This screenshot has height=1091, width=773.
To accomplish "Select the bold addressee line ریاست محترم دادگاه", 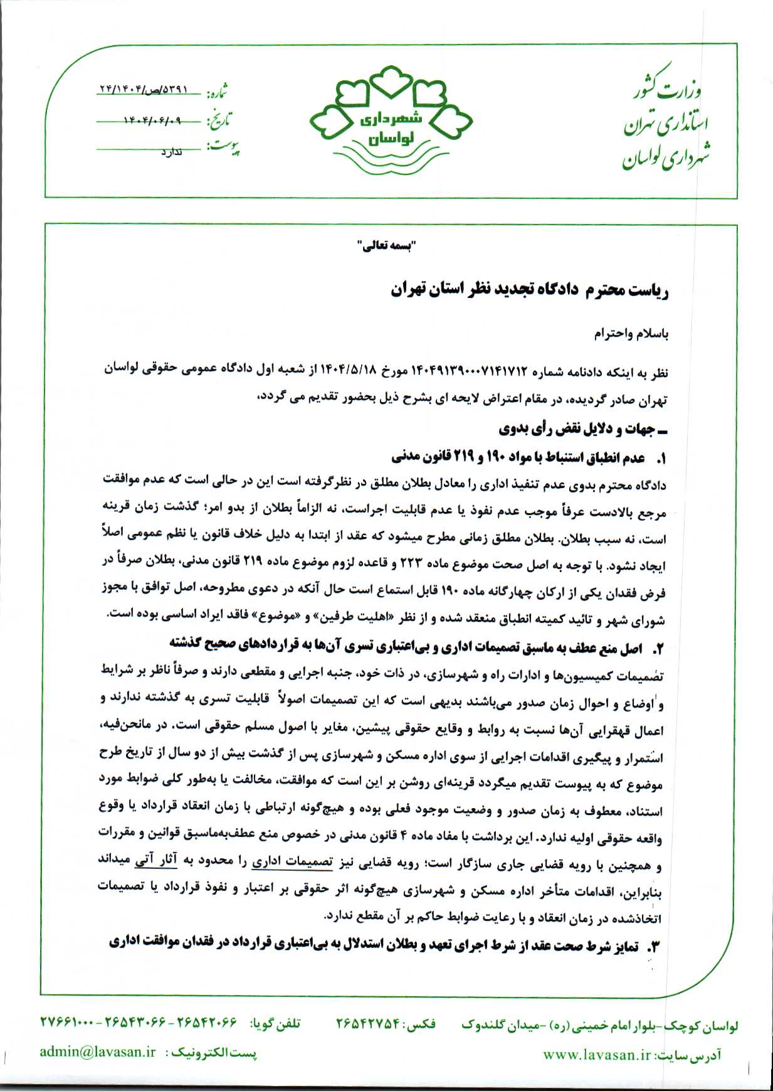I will (530, 290).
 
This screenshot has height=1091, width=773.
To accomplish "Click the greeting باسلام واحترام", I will (631, 334).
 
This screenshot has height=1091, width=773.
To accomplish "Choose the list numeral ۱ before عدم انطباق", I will (660, 459).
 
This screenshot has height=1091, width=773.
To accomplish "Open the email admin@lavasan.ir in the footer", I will (97, 1053).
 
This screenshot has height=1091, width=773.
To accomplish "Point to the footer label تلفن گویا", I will (275, 1024).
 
